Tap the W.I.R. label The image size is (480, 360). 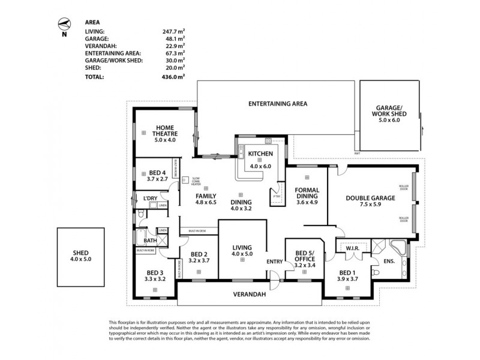(x=352, y=247)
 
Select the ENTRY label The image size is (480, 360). (x=274, y=260)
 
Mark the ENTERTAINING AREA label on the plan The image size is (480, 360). (x=278, y=104)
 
